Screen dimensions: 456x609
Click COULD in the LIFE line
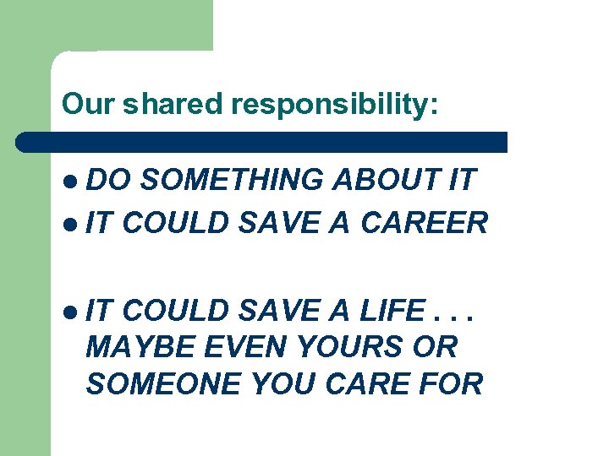[x=177, y=312]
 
